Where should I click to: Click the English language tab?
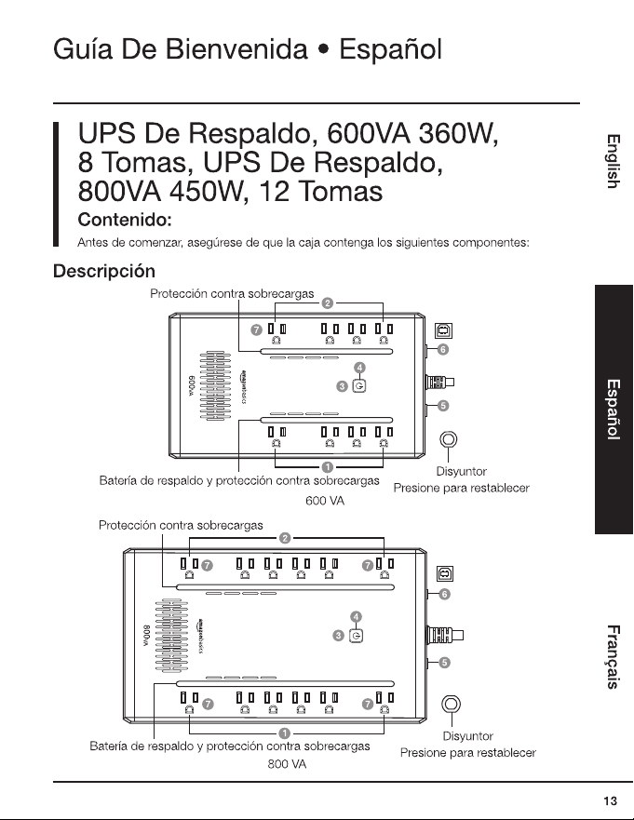click(x=614, y=161)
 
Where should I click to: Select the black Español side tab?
click(x=614, y=409)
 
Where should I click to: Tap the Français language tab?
click(x=614, y=657)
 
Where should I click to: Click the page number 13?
click(x=610, y=800)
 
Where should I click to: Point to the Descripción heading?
click(x=104, y=271)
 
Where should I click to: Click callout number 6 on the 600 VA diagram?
click(x=442, y=349)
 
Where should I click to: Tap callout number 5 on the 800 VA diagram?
click(x=444, y=663)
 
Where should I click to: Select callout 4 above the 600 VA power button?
click(x=359, y=368)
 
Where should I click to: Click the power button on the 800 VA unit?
click(x=357, y=636)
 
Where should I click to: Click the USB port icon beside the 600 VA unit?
click(x=443, y=330)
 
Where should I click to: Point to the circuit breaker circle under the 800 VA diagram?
click(x=451, y=704)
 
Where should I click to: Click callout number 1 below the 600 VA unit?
click(x=328, y=467)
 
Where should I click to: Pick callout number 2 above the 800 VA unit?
click(x=285, y=538)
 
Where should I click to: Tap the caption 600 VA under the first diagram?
click(x=325, y=501)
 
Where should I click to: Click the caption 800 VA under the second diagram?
click(x=287, y=764)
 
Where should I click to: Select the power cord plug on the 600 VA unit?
click(x=439, y=383)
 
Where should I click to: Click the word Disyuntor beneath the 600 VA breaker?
click(x=462, y=471)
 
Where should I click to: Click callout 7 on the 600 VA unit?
click(x=256, y=329)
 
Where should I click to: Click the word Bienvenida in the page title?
click(x=236, y=49)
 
